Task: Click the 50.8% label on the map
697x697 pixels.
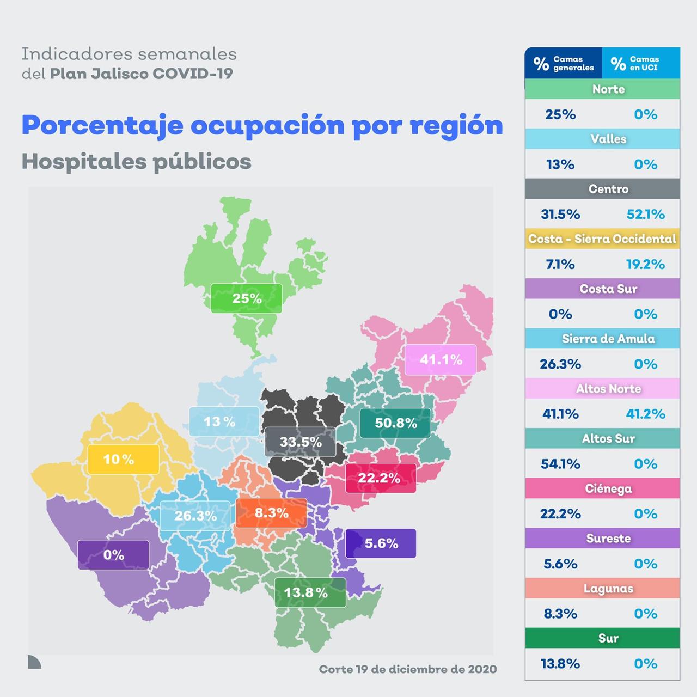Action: [x=395, y=423]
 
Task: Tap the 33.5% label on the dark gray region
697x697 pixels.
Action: [x=300, y=442]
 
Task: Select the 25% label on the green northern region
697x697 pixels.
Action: [x=247, y=298]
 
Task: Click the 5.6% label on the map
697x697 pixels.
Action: [x=381, y=543]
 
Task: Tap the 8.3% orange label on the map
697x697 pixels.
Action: [x=271, y=513]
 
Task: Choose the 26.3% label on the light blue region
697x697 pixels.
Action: [x=195, y=516]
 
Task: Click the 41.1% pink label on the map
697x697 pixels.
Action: [x=441, y=359]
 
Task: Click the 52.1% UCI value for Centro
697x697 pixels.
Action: [x=645, y=214]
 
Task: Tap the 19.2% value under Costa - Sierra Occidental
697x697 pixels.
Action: [x=645, y=264]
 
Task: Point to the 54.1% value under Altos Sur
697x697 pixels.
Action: [x=560, y=464]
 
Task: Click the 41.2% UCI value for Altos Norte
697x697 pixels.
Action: [x=645, y=414]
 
